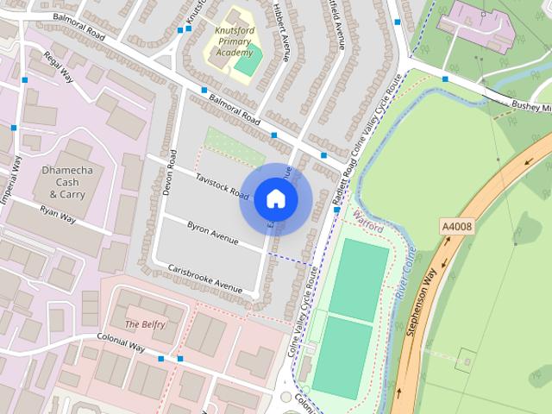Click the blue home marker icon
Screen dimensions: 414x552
coord(275,199)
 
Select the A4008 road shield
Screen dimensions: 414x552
coord(457,227)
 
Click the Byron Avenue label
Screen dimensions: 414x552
coord(212,229)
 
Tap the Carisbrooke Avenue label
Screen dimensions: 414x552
coord(205,277)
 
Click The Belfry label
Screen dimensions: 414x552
coord(143,323)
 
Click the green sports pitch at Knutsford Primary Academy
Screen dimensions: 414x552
coord(248,60)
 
